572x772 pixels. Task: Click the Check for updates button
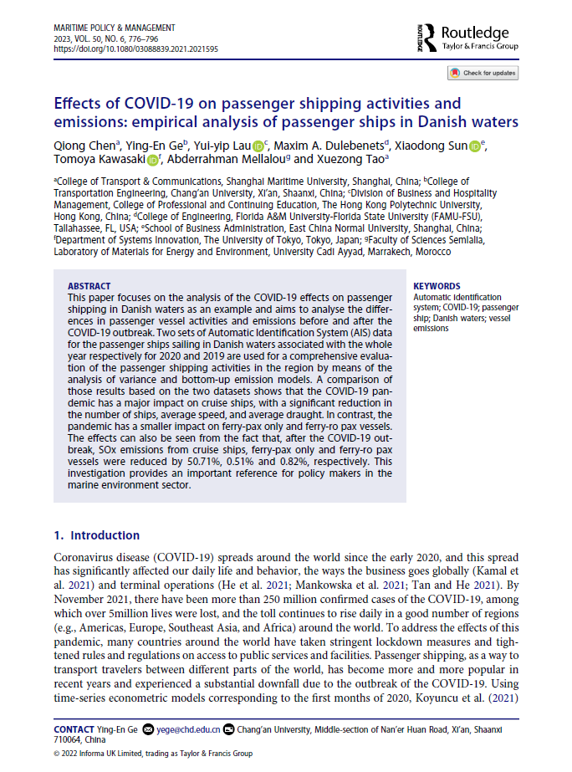tap(483, 73)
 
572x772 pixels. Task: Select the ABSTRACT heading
tap(88, 285)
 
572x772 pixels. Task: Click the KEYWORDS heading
tap(437, 285)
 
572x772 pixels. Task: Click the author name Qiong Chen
tap(84, 146)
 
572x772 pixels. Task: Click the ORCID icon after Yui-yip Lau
tap(258, 146)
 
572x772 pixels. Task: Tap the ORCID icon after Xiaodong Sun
tap(474, 146)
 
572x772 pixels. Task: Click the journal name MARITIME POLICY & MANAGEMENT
tap(115, 28)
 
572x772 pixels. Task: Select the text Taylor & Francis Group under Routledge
tap(479, 48)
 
